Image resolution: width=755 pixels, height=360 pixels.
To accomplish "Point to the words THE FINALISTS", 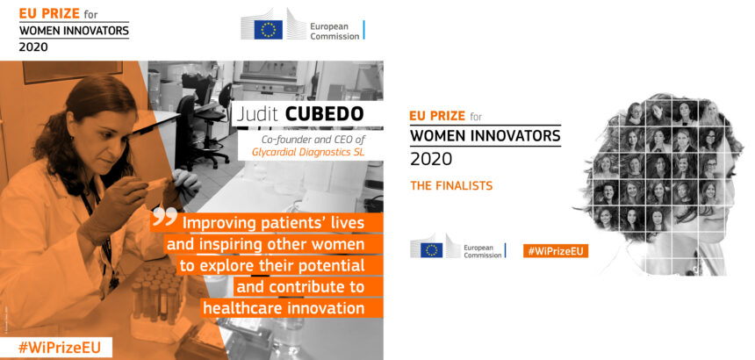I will pos(451,186).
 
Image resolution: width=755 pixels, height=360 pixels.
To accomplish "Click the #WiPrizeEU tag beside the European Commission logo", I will pos(556,250).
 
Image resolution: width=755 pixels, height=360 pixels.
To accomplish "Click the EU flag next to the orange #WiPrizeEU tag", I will pos(431,249).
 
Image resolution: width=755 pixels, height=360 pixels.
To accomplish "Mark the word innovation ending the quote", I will pos(329,308).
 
